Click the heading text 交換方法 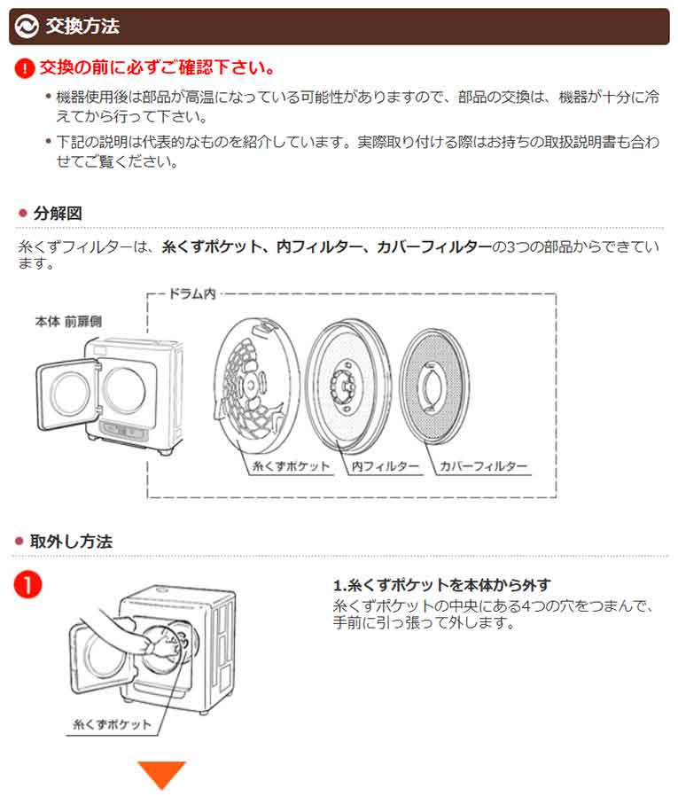click(x=82, y=27)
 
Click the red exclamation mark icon click(x=26, y=68)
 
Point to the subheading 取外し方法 click(x=71, y=541)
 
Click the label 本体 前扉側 click(x=68, y=322)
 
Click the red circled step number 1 click(x=30, y=586)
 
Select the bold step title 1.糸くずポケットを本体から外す click(x=441, y=585)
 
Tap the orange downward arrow click(x=161, y=775)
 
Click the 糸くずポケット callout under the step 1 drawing click(x=112, y=724)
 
